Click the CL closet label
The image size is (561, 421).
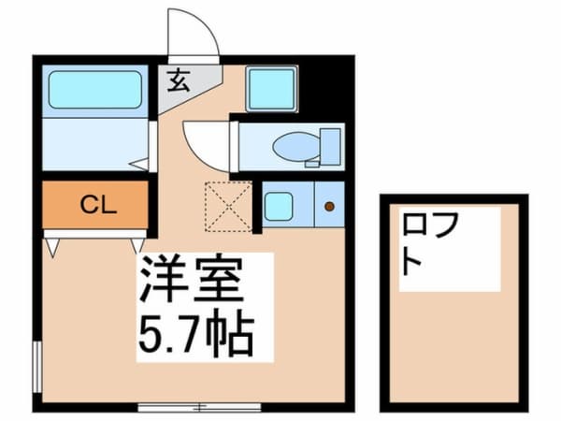pyautogui.click(x=98, y=205)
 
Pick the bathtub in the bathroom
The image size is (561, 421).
pyautogui.click(x=95, y=90)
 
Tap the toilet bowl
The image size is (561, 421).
pyautogui.click(x=296, y=147)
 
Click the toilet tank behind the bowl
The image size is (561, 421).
pyautogui.click(x=330, y=147)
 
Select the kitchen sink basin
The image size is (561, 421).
pyautogui.click(x=279, y=206)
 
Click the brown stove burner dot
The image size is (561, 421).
pyautogui.click(x=329, y=206)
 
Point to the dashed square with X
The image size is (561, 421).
pyautogui.click(x=228, y=206)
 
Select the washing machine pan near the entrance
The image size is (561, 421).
pyautogui.click(x=272, y=89)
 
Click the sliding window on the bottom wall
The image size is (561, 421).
pyautogui.click(x=199, y=407)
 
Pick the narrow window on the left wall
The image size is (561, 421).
pyautogui.click(x=37, y=367)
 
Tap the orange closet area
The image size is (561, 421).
pyautogui.click(x=95, y=204)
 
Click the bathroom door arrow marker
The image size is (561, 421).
pyautogui.click(x=138, y=165)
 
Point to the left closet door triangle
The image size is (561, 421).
pyautogui.click(x=52, y=248)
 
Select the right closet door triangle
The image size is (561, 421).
pyautogui.click(x=137, y=246)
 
